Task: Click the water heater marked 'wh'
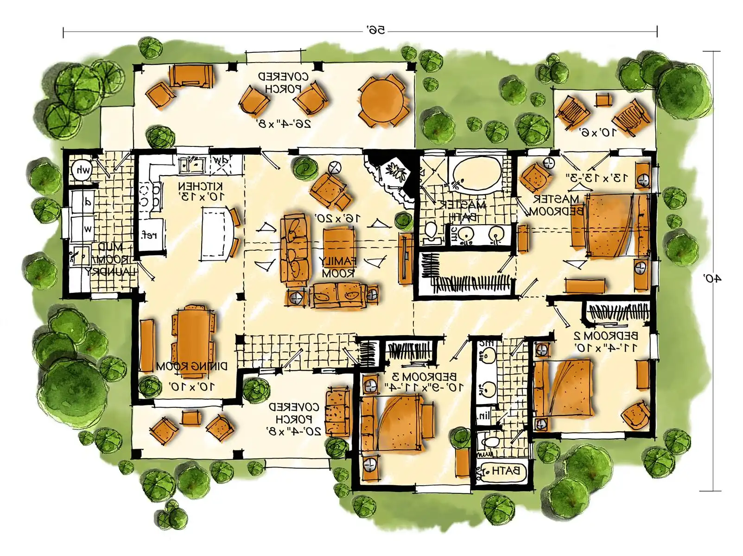pos(82,171)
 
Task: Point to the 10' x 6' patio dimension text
pos(598,132)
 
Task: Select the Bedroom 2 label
pos(605,335)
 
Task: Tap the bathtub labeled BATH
pos(502,472)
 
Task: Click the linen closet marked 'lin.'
pos(484,415)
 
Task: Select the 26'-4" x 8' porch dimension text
pos(283,123)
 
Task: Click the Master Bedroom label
pos(556,205)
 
